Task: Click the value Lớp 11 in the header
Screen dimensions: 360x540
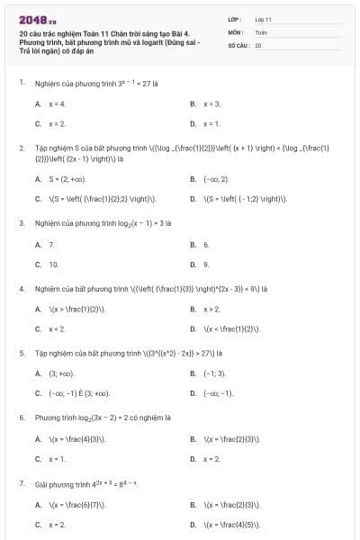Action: point(263,19)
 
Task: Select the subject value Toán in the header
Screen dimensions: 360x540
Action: point(261,31)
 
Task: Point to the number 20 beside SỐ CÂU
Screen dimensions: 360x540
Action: point(258,44)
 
